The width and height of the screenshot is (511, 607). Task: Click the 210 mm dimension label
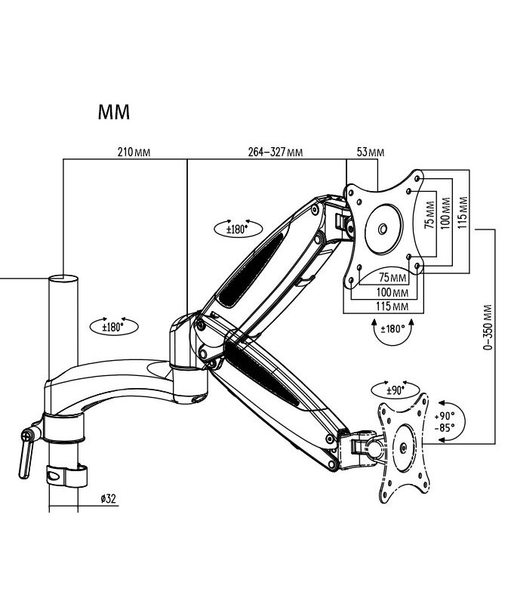(x=134, y=152)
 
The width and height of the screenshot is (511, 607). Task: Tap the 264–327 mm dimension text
(x=276, y=152)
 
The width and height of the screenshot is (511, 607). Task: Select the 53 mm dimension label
(x=371, y=152)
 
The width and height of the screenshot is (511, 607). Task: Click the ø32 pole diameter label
(x=107, y=498)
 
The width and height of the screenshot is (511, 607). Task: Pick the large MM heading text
(x=114, y=112)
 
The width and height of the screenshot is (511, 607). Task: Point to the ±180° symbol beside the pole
(x=114, y=327)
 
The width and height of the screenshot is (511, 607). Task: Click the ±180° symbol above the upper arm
(x=239, y=228)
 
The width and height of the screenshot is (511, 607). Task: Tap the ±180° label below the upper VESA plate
(x=393, y=329)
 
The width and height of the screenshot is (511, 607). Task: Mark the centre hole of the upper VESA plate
(x=382, y=229)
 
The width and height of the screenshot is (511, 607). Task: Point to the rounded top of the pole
(x=63, y=279)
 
